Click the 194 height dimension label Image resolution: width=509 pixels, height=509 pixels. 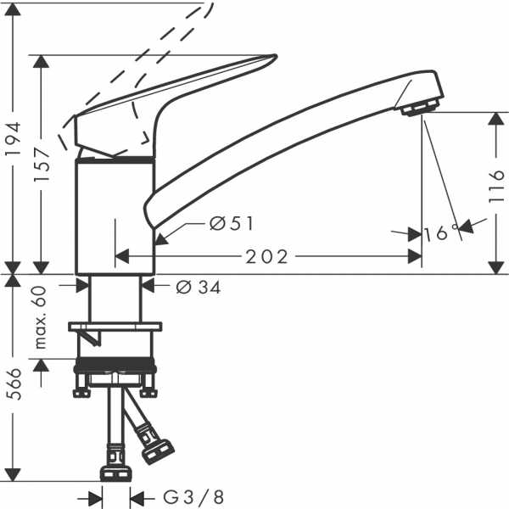pyautogui.click(x=14, y=139)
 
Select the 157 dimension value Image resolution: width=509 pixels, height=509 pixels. pyautogui.click(x=42, y=164)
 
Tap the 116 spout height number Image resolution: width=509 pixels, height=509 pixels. pyautogui.click(x=496, y=187)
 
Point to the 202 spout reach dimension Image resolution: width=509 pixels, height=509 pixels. pyautogui.click(x=267, y=257)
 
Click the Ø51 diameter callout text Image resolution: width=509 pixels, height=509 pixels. pyautogui.click(x=231, y=223)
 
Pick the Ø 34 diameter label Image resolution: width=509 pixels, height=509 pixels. pyautogui.click(x=199, y=288)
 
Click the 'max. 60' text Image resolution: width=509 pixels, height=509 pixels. pyautogui.click(x=42, y=317)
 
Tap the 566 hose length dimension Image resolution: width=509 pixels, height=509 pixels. pyautogui.click(x=14, y=384)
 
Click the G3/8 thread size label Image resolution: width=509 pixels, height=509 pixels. pyautogui.click(x=193, y=496)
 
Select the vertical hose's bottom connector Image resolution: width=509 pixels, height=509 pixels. pyautogui.click(x=115, y=473)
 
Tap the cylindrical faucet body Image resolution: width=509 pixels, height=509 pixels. pyautogui.click(x=115, y=217)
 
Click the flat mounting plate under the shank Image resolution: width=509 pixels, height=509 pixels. pyautogui.click(x=115, y=327)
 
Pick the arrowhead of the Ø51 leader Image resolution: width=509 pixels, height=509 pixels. pyautogui.click(x=161, y=239)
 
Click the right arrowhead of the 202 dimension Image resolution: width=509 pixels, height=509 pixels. pyautogui.click(x=415, y=257)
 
